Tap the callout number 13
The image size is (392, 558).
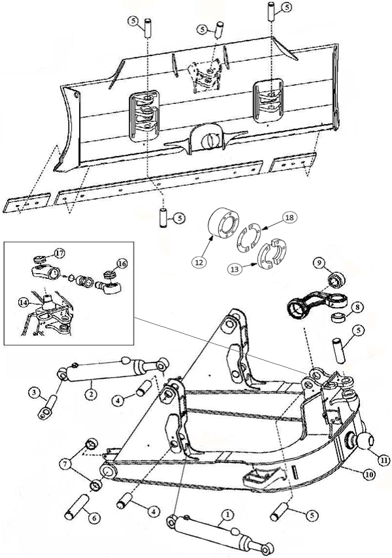pos(233,268)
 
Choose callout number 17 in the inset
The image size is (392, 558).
pos(59,252)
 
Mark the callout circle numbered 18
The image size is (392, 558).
pos(289,218)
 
